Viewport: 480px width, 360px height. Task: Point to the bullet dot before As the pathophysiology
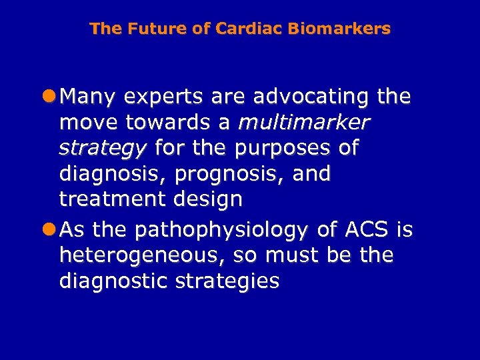tap(51, 230)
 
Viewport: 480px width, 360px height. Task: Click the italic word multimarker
tap(303, 123)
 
